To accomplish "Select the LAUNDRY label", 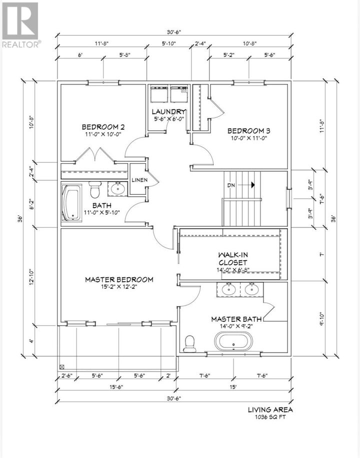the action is (x=168, y=111).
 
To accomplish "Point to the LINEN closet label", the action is (x=139, y=180).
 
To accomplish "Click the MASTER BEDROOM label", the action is (x=119, y=280).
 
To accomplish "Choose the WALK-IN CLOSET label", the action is (x=233, y=259).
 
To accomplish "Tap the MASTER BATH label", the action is (x=236, y=319).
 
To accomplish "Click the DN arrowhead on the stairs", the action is (x=252, y=185).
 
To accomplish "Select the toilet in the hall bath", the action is (x=95, y=189).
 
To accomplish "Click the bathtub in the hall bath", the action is (x=71, y=203).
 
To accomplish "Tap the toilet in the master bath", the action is (x=189, y=344).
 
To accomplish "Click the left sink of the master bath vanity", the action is (x=228, y=289).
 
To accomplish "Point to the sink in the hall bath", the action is (x=118, y=188).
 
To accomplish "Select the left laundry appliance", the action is (x=158, y=94).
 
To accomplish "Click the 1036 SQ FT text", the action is (x=270, y=417).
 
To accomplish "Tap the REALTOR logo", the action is (x=20, y=24).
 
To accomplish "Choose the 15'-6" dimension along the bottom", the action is (x=116, y=387).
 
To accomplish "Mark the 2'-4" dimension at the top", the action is (x=200, y=43).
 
